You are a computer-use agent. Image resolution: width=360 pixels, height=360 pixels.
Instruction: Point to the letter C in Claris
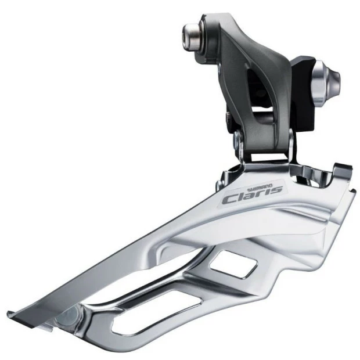[230, 199]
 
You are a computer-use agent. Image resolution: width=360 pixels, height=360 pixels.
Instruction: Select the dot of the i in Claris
[268, 187]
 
